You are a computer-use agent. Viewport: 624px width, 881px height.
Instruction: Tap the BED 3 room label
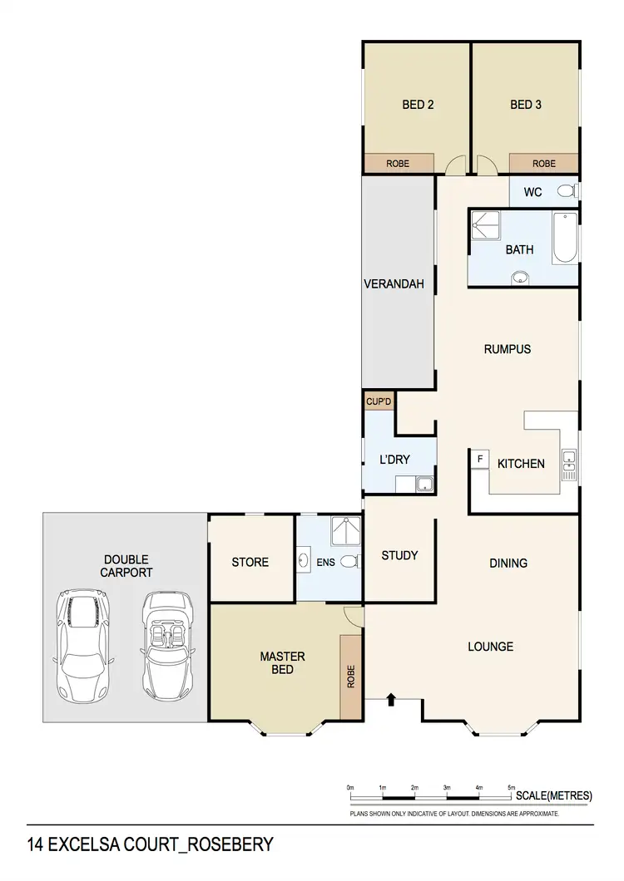[x=526, y=105]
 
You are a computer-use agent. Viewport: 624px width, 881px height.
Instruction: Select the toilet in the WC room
[x=567, y=191]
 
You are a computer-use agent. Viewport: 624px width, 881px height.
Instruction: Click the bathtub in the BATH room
[x=564, y=239]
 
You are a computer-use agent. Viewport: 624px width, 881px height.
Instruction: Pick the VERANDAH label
[x=394, y=284]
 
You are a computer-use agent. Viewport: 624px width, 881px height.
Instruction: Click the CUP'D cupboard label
[x=379, y=402]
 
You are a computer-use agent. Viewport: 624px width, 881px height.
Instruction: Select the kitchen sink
[x=568, y=465]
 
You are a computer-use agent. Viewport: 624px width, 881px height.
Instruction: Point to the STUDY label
[x=399, y=555]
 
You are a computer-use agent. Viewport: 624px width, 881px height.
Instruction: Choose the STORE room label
[x=250, y=562]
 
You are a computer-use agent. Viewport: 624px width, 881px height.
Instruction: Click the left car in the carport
[x=82, y=645]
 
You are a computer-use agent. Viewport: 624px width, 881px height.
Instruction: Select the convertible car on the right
[x=169, y=645]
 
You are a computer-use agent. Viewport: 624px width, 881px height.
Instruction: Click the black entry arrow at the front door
[x=392, y=702]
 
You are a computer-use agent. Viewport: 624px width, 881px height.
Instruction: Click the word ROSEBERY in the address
[x=228, y=845]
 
